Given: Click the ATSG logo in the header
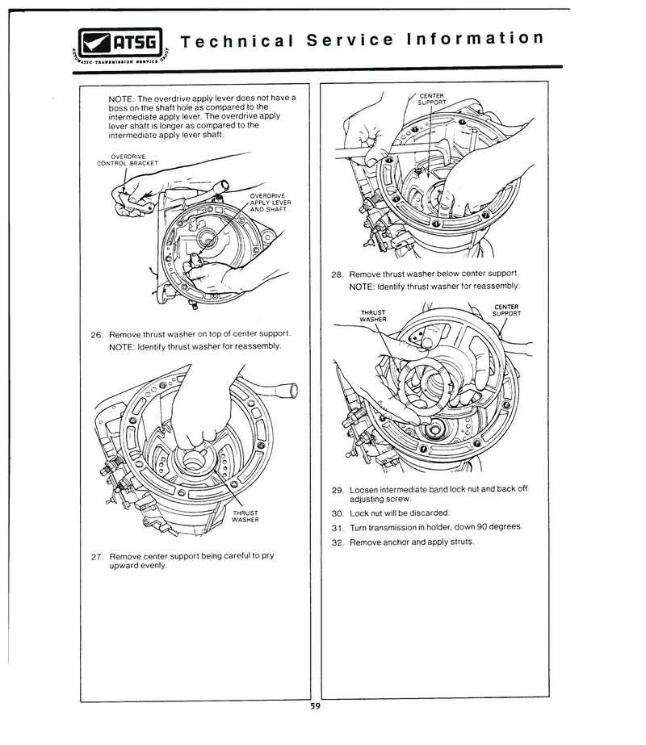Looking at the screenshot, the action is [x=121, y=46].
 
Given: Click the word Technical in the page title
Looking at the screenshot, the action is [x=237, y=41].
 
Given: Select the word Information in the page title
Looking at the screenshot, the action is [x=475, y=38].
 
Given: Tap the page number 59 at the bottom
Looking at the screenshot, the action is [x=315, y=706].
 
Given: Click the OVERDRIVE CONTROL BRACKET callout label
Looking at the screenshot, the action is [x=128, y=160].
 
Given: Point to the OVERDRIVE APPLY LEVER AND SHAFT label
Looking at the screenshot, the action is [x=271, y=203].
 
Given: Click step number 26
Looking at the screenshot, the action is [x=96, y=335].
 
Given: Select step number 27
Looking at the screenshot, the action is [x=97, y=557].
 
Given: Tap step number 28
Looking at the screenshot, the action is [x=337, y=274].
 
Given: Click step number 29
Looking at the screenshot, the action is [x=338, y=490].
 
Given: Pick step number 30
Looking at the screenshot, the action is [x=338, y=513].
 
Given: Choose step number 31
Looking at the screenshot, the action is [x=338, y=528].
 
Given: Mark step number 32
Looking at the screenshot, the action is [x=338, y=542].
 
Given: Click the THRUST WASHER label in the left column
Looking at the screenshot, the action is [x=245, y=517].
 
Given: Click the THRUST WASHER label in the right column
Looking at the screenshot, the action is [x=373, y=316].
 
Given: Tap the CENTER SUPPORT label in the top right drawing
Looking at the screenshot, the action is [x=432, y=98].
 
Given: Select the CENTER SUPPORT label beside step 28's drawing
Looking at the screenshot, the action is [x=507, y=310].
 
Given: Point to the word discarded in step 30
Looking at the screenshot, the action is [x=430, y=513].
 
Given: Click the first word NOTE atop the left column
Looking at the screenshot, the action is [x=122, y=98].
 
